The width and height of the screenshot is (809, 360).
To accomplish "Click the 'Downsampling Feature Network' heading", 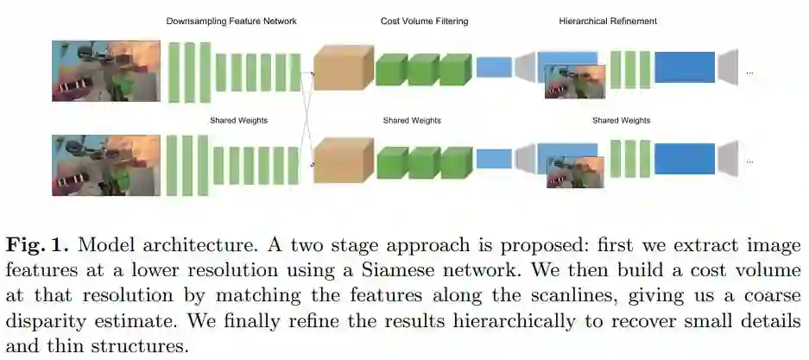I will point(231,21).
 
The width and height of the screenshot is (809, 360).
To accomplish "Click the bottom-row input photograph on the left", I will point(105,164).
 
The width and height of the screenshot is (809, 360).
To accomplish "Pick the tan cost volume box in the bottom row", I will point(342,161).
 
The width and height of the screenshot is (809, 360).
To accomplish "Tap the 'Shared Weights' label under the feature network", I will point(238,120).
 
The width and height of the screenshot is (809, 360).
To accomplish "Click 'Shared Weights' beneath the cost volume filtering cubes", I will point(412,120).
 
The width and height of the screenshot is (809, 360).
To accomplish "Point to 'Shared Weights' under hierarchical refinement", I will point(621,120).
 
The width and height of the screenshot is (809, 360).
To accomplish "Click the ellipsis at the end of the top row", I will point(749,73).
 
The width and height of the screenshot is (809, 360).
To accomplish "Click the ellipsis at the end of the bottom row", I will point(749,161).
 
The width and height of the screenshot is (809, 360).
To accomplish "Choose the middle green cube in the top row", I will point(423,68).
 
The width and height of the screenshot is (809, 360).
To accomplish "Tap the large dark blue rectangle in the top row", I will point(684,67).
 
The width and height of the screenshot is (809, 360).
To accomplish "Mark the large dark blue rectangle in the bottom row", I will point(684,159).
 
